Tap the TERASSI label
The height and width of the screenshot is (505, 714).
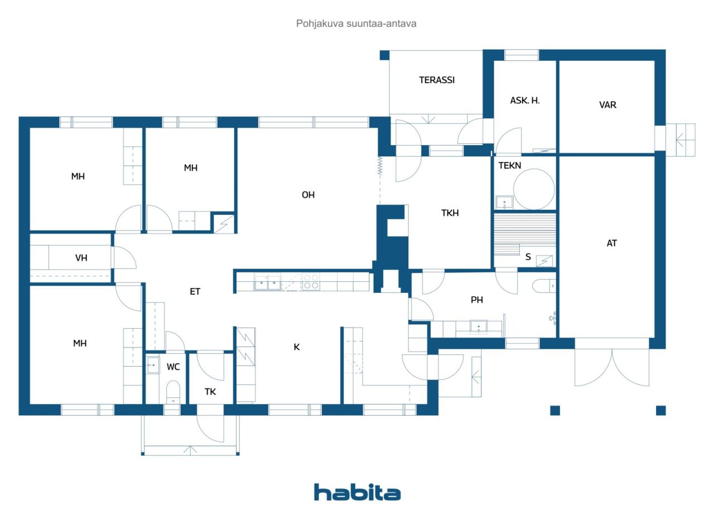437,80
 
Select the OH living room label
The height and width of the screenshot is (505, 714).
308,195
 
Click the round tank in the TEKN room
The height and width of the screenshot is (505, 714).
534,189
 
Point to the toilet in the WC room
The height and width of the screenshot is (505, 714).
173,392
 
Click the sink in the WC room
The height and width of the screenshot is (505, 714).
153,365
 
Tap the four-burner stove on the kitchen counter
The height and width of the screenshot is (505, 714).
311,282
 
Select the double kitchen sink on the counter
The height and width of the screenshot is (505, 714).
267,282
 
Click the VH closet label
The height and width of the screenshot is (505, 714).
81,258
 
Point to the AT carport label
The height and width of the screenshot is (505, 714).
611,243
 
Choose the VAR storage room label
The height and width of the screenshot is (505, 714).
607,105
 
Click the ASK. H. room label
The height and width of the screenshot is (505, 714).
525,101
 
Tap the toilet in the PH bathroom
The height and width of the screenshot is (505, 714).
544,286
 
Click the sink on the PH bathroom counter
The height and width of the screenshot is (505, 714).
479,326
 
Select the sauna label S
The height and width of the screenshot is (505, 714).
528,257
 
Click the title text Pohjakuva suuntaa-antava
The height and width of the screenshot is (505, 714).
356,24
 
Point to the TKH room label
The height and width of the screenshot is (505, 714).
450,213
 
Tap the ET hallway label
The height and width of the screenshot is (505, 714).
195,291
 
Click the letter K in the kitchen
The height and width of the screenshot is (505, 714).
296,347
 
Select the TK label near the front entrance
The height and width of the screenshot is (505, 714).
210,392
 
